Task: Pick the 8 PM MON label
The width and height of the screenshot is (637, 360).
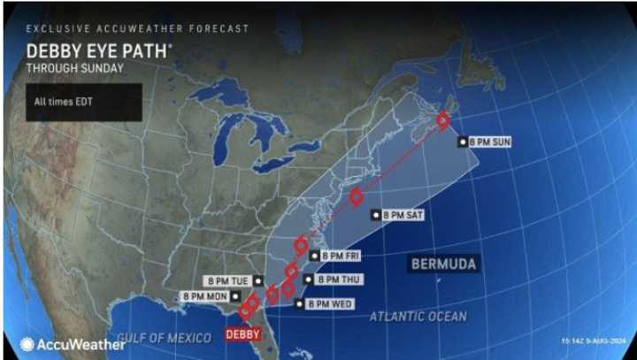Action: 205,296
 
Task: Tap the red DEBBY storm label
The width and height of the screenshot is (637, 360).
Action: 242,334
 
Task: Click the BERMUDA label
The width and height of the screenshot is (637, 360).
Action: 444,264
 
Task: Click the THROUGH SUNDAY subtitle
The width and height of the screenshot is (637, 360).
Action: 74,67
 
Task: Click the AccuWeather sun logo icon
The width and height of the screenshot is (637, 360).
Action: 28,345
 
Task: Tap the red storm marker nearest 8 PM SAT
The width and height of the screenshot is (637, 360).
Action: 356,197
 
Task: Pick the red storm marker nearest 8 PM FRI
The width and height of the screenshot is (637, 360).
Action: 301,244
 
